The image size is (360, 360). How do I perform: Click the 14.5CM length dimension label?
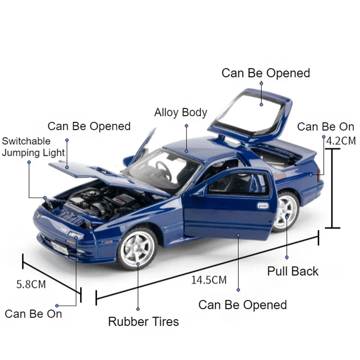pos(209,280)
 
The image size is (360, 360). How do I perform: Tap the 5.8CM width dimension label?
pos(31,284)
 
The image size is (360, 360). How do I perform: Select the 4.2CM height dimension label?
pos(341,140)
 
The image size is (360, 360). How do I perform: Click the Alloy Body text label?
pos(181,112)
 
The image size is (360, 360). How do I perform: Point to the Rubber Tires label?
pos(144,321)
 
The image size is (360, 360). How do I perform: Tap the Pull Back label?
pos(293,271)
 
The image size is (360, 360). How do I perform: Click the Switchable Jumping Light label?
pos(33,147)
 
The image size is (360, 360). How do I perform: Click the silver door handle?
pos(263,206)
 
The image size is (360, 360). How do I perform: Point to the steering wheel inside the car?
pos(164,169)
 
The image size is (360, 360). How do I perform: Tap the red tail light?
pos(319,175)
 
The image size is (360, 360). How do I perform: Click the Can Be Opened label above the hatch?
pos(266,73)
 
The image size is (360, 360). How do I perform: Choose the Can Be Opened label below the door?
pos(243,305)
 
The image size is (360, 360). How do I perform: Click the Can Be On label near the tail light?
pos(325,127)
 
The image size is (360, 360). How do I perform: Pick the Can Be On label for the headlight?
pos(33,314)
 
